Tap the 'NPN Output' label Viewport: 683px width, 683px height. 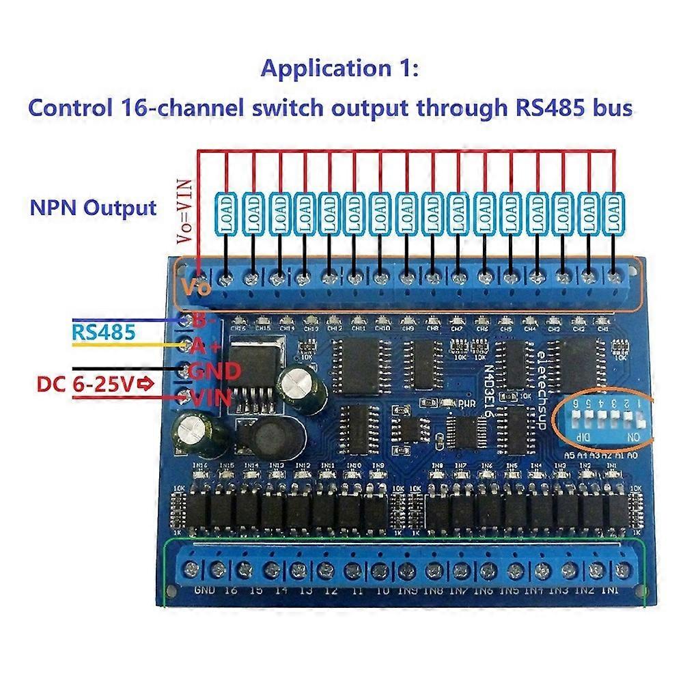point(93,208)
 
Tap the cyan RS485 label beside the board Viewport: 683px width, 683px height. point(104,332)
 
